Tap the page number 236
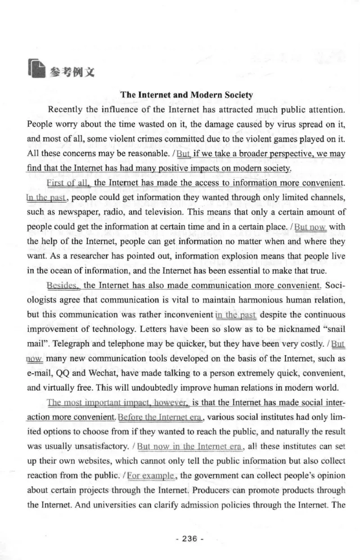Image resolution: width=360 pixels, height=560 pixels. (x=186, y=539)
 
